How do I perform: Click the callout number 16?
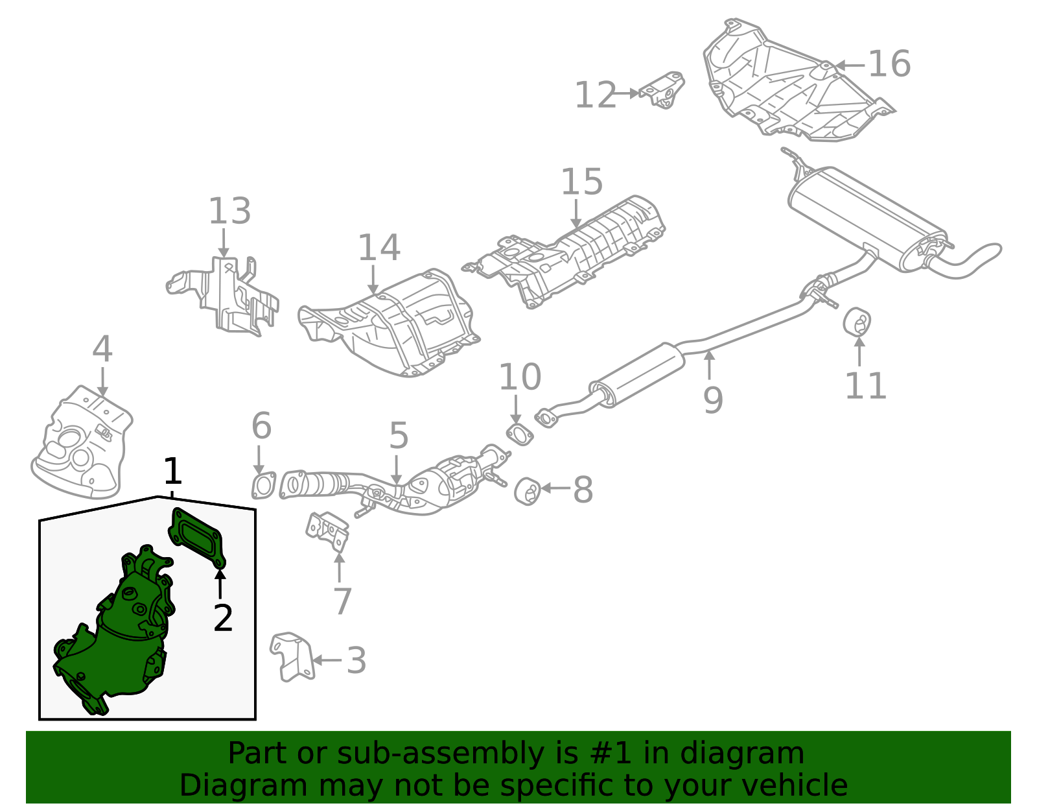point(889,64)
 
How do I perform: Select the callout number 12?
point(595,95)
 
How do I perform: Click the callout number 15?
point(581,182)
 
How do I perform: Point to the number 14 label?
point(379,248)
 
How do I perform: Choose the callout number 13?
point(229,211)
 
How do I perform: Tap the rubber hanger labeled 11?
point(857,322)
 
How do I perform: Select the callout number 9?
point(712,400)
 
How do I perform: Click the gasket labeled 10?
point(518,434)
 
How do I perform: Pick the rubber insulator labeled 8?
point(528,491)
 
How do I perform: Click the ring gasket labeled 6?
point(263,486)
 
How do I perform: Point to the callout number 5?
point(399,435)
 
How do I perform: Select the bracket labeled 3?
point(290,656)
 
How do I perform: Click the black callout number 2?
point(223,618)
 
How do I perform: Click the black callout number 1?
point(172,471)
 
